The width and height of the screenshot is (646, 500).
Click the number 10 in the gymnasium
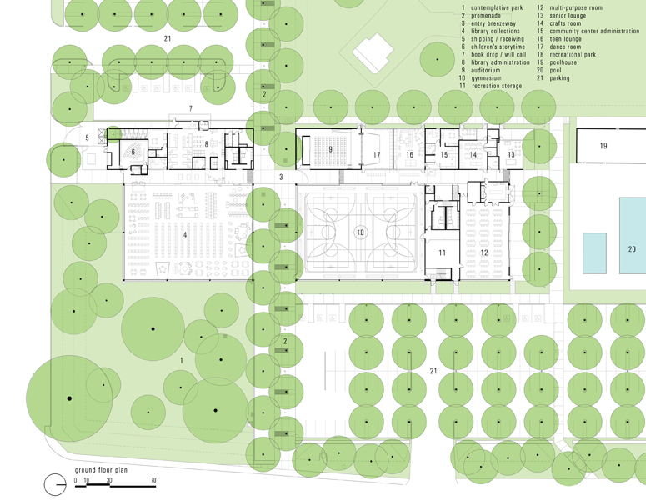point(360,232)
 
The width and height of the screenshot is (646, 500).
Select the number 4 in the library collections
point(185,235)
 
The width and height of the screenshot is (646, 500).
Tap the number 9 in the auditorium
point(331,149)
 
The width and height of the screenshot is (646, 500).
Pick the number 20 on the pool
point(632,248)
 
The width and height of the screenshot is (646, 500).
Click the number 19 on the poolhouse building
point(603,146)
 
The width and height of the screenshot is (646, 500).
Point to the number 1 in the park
point(181,359)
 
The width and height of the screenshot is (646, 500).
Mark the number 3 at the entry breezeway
point(281,177)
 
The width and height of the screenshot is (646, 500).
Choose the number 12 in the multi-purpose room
point(484,252)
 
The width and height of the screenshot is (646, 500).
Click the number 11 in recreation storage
point(442,252)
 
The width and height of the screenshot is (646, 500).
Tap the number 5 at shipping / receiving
point(86,137)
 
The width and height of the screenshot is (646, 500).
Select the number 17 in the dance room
point(377,155)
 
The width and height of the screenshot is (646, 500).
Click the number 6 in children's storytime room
point(133,152)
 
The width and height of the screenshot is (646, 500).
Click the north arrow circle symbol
point(53,483)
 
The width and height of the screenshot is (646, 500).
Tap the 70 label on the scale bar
point(153,481)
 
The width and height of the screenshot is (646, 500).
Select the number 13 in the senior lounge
point(511,155)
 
